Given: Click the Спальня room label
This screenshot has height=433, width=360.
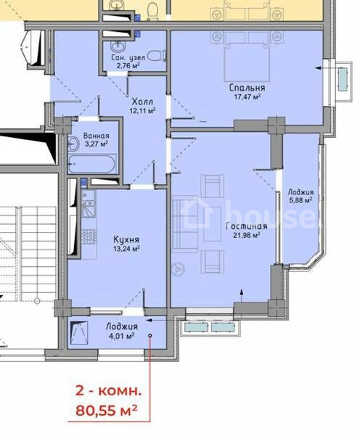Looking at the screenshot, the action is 247,88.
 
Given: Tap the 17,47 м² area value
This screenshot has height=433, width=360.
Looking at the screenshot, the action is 247,96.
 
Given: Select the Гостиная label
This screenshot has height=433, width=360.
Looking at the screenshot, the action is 247,226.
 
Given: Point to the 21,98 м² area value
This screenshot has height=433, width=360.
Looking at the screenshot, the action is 246,235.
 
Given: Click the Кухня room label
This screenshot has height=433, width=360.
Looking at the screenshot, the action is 126,239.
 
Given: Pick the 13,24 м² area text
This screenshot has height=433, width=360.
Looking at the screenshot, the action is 126,249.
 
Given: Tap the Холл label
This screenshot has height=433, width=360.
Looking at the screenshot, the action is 142,102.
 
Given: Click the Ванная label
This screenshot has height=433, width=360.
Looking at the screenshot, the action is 96,136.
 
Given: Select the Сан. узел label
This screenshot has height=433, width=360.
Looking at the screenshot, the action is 128,58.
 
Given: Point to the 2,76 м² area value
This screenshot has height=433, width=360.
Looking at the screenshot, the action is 128,66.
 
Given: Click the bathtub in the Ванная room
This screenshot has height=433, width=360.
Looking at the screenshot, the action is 91,164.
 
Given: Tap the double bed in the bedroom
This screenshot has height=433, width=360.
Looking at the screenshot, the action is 247,62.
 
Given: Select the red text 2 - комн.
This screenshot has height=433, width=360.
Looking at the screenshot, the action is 108,392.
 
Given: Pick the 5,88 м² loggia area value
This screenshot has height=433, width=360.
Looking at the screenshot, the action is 300,200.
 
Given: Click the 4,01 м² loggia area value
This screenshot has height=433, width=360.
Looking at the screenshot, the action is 122,336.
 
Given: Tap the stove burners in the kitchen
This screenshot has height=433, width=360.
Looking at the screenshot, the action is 89,237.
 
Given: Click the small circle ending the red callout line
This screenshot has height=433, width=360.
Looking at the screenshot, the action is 150,336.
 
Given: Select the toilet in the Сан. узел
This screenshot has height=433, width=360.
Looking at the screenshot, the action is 156,55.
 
